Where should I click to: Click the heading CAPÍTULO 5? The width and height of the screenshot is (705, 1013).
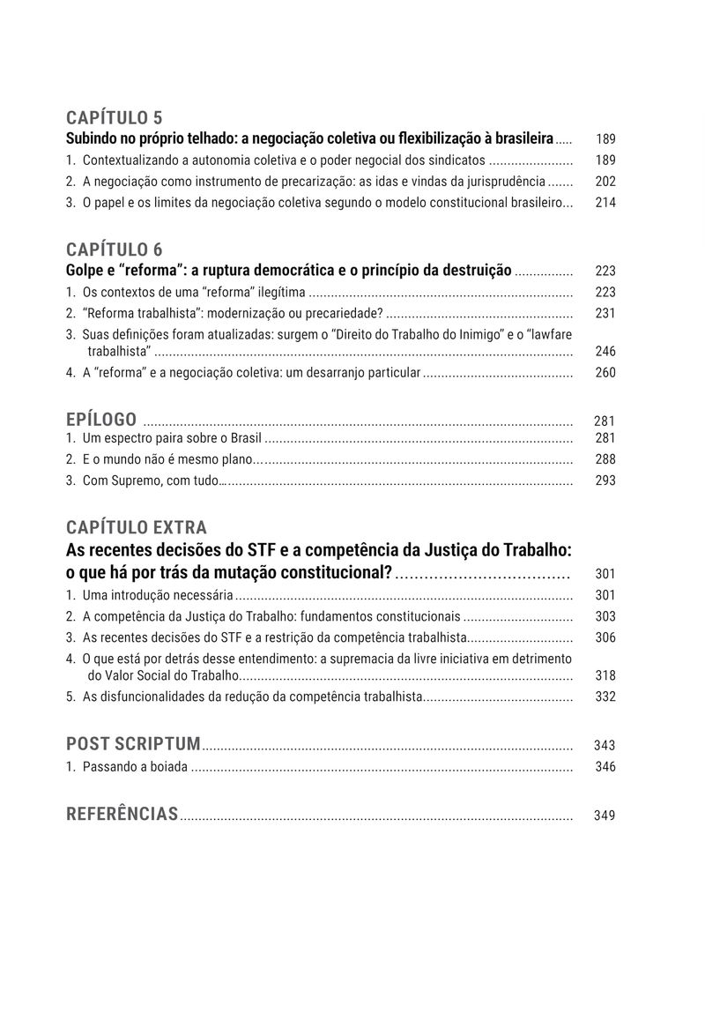[114, 118]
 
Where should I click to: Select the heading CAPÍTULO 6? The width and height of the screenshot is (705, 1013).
[114, 250]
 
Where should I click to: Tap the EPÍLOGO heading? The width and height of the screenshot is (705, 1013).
[101, 419]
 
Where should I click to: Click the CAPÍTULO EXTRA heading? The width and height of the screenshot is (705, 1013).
[137, 527]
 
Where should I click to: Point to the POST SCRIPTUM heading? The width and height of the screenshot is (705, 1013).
[133, 743]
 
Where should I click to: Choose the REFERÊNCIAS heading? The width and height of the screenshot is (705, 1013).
[122, 814]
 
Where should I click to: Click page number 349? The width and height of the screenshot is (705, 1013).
[605, 816]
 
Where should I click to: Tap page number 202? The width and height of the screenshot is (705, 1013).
[605, 182]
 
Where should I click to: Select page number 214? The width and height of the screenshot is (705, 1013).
[605, 203]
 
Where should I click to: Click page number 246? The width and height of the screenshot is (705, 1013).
[605, 352]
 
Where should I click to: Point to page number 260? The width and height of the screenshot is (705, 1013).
[605, 373]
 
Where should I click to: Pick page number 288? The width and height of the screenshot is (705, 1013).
[605, 459]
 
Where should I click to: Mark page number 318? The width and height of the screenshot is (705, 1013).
[605, 676]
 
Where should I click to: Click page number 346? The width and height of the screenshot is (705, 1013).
[605, 767]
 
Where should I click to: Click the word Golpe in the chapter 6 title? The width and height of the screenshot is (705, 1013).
[85, 271]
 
